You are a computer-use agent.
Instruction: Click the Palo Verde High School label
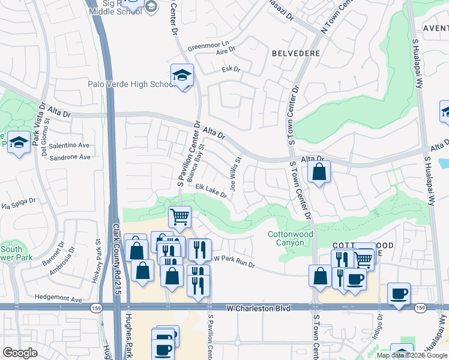click(130, 84)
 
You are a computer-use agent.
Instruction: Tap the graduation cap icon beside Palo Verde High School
click(182, 75)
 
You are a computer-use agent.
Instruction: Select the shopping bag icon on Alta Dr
click(319, 172)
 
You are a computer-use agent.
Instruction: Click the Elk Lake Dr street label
click(211, 190)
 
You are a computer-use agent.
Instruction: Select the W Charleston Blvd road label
click(258, 308)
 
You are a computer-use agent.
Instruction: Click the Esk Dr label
click(231, 70)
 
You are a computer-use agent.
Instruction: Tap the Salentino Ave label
click(69, 145)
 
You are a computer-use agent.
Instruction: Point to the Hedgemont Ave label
click(58, 298)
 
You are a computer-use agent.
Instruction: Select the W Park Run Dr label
click(235, 262)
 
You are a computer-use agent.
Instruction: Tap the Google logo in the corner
click(20, 353)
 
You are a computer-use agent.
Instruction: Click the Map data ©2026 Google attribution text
click(412, 355)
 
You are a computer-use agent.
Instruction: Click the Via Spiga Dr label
click(18, 206)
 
